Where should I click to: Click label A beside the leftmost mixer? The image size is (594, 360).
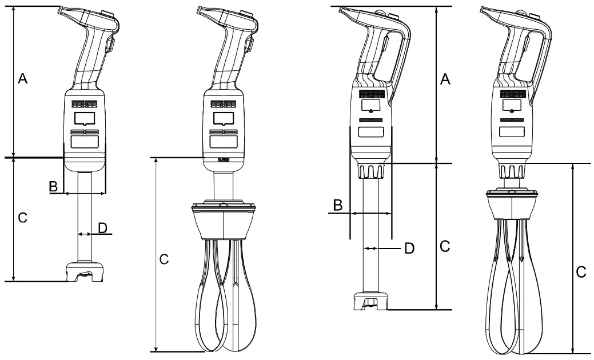tap(23, 79)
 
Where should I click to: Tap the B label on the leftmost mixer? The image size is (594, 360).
tap(53, 186)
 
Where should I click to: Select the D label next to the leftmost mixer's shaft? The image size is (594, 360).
tap(102, 228)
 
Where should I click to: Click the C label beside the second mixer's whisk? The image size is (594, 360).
tap(164, 259)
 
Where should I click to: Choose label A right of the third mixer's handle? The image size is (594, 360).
tap(445, 80)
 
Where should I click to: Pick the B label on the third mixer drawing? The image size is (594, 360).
tap(338, 205)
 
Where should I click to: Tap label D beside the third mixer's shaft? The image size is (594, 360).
tap(409, 248)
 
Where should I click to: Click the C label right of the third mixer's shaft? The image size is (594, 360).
tap(445, 246)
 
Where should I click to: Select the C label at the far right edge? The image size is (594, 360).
tap(581, 273)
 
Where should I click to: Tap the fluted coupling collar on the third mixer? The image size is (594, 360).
tap(371, 171)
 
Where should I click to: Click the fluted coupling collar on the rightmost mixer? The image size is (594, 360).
tap(513, 171)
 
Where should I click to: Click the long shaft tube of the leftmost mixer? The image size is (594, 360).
tap(85, 217)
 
